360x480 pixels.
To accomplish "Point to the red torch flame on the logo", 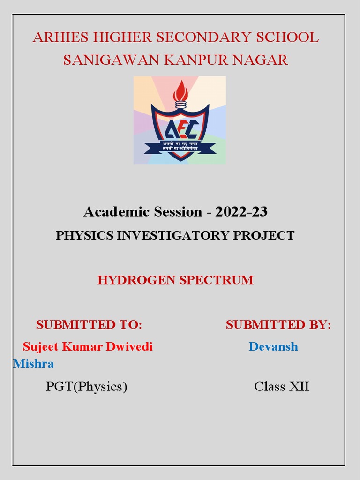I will pyautogui.click(x=180, y=91).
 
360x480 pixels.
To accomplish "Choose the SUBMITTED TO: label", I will pyautogui.click(x=89, y=324).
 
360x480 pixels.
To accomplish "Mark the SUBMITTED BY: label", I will pyautogui.click(x=278, y=324).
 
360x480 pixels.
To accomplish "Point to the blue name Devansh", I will pyautogui.click(x=273, y=347).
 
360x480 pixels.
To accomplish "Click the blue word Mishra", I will pyautogui.click(x=34, y=363).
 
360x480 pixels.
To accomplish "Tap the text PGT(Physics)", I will pyautogui.click(x=87, y=387).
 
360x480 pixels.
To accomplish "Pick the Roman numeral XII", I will pyautogui.click(x=299, y=387).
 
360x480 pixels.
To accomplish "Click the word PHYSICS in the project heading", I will pyautogui.click(x=84, y=235).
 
